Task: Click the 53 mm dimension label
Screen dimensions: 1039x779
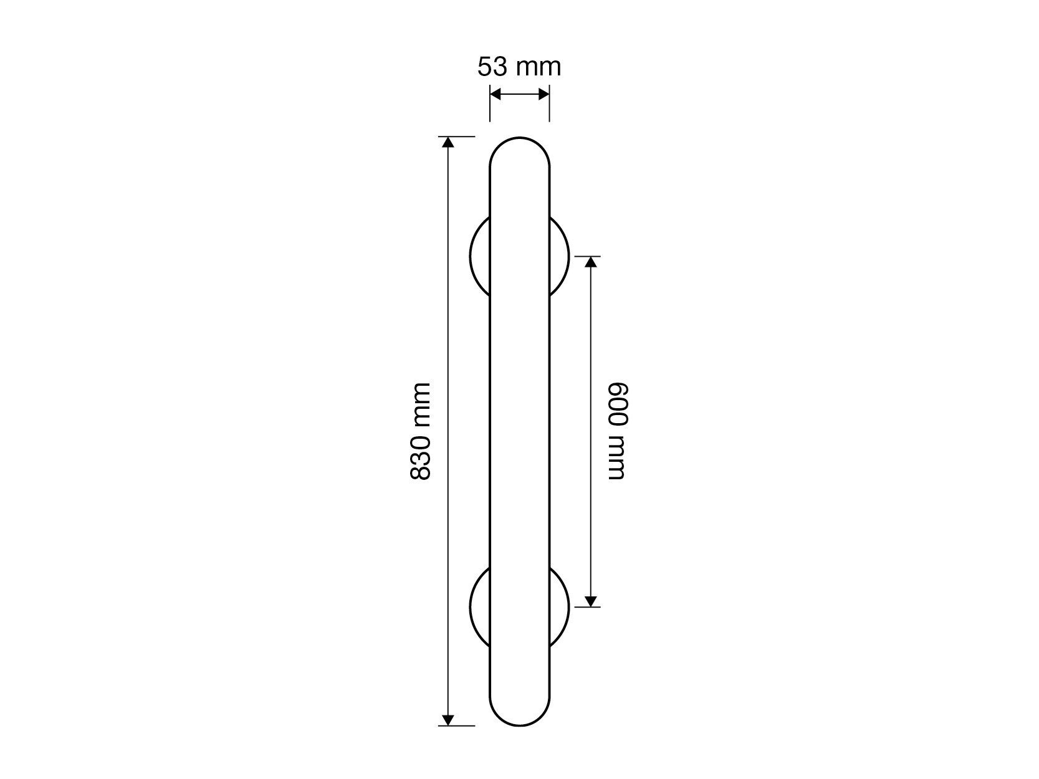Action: [519, 67]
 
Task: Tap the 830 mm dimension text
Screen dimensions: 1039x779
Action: [420, 432]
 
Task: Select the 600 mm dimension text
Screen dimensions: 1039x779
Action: [617, 431]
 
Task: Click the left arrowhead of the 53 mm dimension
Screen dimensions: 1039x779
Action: [495, 94]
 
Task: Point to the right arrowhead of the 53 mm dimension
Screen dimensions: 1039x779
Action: [544, 94]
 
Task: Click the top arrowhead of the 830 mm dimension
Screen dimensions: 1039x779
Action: [448, 142]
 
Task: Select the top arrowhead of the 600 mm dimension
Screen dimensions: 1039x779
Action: [590, 262]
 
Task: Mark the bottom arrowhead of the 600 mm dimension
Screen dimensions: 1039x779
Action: [590, 601]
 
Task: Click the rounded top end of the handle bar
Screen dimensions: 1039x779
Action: [519, 138]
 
